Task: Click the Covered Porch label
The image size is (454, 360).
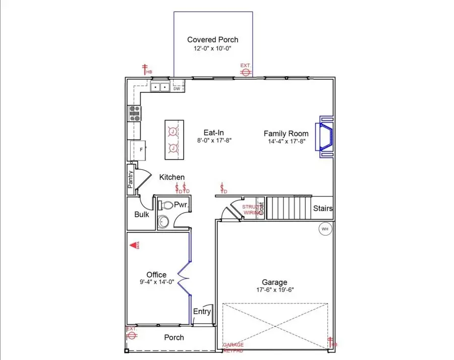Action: (212, 39)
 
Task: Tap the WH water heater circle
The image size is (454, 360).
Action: (325, 229)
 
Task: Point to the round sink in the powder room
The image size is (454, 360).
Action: (163, 221)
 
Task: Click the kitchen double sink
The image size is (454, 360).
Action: (160, 87)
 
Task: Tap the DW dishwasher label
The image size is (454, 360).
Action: (177, 89)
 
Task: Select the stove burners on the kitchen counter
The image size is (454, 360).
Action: (135, 112)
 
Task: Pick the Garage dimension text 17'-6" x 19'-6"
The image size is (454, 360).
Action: (274, 290)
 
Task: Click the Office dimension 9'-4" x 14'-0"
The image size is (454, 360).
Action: (156, 282)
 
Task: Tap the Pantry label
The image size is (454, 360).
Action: (130, 180)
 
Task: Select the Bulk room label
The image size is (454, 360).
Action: (142, 214)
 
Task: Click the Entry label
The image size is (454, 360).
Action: (202, 312)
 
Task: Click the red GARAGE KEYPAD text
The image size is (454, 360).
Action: (233, 347)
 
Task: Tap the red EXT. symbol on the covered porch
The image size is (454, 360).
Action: (246, 71)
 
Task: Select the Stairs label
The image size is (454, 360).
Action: (322, 208)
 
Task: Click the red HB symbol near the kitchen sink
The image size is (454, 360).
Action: (146, 70)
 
